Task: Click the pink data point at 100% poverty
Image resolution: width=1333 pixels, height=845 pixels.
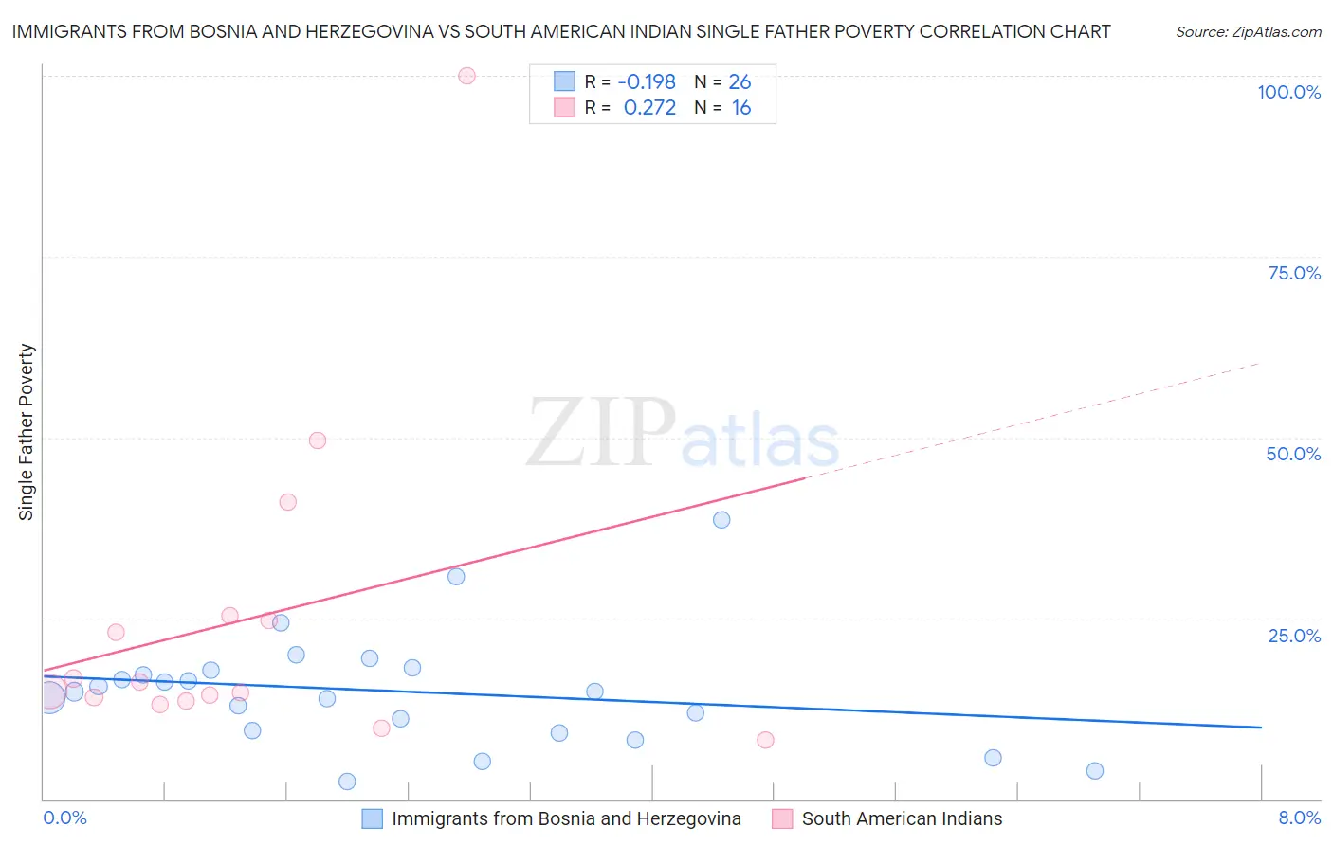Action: click(466, 76)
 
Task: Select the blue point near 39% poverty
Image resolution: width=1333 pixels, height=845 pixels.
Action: click(721, 519)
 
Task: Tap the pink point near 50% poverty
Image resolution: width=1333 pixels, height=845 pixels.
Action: click(318, 440)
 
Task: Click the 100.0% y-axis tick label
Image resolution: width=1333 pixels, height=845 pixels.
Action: click(1288, 92)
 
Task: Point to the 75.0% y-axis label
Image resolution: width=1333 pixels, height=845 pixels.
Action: click(1294, 273)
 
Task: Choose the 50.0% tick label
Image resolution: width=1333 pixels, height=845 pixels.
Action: click(1293, 454)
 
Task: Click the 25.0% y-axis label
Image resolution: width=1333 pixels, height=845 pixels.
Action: click(1294, 636)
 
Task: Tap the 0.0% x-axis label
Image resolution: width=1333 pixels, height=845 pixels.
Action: click(65, 818)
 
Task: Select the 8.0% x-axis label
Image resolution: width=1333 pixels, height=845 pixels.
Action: click(1299, 818)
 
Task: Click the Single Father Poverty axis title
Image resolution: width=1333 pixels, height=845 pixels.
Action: click(27, 432)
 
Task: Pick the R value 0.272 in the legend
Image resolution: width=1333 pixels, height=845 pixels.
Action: click(649, 108)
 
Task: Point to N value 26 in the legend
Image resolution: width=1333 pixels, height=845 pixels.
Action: click(740, 82)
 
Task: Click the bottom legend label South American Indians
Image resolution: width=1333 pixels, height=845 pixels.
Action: click(902, 818)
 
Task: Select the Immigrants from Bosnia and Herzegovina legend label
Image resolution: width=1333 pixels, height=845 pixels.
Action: click(566, 818)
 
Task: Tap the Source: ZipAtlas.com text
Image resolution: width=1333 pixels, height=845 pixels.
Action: click(1248, 32)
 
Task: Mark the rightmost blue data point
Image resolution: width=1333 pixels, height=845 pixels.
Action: click(1095, 771)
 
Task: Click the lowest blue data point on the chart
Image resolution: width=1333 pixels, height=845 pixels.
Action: click(347, 782)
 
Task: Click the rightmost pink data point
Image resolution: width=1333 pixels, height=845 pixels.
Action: click(765, 740)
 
